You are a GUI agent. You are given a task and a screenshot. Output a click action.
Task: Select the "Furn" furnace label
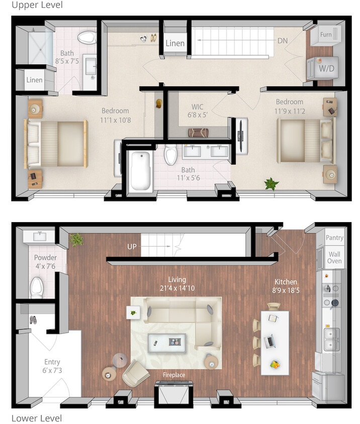click(326, 35)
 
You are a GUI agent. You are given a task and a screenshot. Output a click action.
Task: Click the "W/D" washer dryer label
click(326, 67)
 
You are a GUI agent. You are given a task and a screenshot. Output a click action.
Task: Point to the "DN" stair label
click(283, 41)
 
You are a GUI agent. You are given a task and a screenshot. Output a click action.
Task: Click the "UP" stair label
click(132, 247)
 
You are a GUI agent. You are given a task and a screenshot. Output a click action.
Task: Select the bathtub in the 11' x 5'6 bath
click(140, 171)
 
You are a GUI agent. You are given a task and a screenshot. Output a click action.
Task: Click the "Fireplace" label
click(173, 375)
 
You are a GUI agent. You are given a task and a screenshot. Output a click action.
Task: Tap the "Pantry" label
click(334, 238)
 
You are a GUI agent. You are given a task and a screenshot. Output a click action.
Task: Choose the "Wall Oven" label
click(334, 258)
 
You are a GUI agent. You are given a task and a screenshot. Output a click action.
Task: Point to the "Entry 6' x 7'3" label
click(52, 366)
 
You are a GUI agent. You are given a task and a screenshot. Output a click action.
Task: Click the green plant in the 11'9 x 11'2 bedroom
click(272, 183)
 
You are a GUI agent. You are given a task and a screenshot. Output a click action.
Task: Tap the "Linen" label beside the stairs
click(175, 43)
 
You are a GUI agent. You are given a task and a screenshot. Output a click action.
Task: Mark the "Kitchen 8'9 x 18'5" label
click(286, 286)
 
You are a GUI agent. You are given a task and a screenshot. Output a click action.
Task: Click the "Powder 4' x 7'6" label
click(45, 262)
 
